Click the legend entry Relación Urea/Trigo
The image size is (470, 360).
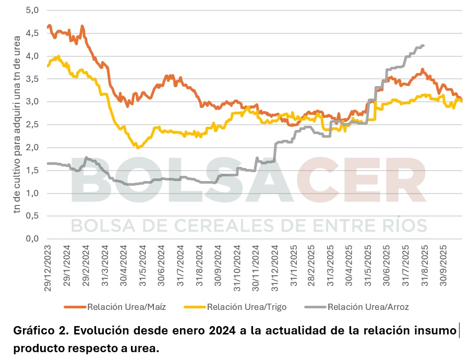[x=246, y=307]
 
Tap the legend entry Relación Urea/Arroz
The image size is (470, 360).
[x=368, y=307]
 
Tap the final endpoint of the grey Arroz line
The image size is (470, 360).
[x=423, y=45]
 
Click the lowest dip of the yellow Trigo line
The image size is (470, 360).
[x=138, y=148]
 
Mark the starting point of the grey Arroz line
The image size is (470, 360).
[x=47, y=163]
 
